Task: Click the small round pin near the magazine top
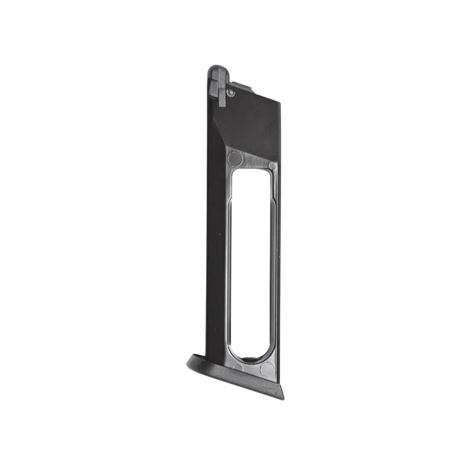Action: [x=231, y=92]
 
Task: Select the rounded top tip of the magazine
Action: [x=218, y=68]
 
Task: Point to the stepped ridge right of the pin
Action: [x=243, y=87]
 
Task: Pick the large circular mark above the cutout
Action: [x=234, y=158]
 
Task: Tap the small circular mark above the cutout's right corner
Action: [x=272, y=165]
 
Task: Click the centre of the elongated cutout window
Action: [x=251, y=263]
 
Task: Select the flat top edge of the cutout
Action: [x=251, y=169]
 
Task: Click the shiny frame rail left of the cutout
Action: [x=229, y=263]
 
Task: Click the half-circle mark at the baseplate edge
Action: [x=238, y=367]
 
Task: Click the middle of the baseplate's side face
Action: [x=236, y=379]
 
